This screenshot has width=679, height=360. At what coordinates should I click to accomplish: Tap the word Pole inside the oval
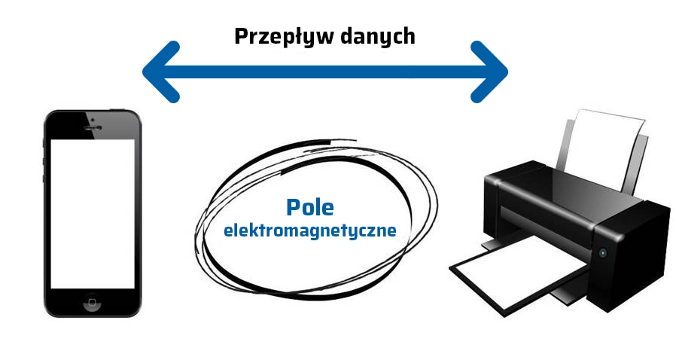point(309,207)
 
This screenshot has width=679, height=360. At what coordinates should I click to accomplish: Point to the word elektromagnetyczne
point(309,230)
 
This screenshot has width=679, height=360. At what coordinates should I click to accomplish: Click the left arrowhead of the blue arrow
point(160,72)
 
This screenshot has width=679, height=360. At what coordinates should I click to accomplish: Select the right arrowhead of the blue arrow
point(492,72)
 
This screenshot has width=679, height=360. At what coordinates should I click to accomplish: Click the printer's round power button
point(602,253)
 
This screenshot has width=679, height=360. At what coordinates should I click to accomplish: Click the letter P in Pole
point(292,207)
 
